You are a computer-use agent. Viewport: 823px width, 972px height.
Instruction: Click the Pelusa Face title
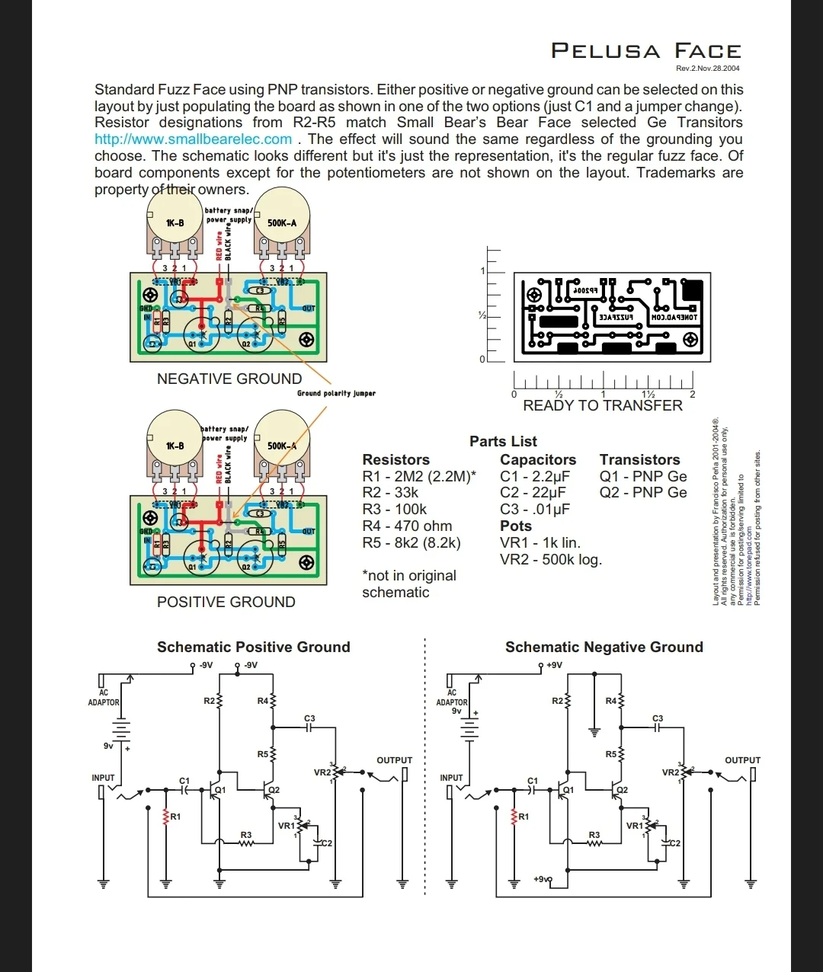coord(645,51)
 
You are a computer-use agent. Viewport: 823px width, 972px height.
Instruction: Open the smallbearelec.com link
coord(193,139)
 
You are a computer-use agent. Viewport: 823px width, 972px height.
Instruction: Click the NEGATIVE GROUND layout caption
coord(229,379)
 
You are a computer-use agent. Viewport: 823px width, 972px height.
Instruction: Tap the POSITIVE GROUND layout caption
coord(226,602)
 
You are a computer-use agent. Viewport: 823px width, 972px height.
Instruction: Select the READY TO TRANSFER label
coord(603,405)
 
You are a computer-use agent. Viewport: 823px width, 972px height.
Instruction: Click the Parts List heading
coord(503,441)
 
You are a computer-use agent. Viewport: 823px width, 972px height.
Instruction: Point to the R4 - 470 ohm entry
coord(407,526)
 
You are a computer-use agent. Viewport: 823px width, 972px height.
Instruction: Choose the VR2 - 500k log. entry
coord(551,559)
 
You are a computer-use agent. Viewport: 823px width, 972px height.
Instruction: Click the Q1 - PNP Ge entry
coord(643,476)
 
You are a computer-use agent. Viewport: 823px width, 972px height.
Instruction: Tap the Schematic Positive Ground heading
coord(254,647)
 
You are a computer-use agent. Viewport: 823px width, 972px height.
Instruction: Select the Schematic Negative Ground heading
coord(604,647)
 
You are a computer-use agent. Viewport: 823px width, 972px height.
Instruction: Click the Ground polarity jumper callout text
coord(336,393)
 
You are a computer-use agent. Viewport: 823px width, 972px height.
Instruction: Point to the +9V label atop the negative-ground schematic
coord(554,665)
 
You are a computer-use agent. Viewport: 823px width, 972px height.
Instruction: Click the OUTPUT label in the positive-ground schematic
coord(394,760)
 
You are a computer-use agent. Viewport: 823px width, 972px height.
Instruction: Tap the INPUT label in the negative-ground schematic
coord(451,778)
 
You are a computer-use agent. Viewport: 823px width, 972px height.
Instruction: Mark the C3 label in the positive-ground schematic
coord(309,718)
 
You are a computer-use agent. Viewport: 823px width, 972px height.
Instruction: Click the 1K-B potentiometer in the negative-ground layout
coord(175,222)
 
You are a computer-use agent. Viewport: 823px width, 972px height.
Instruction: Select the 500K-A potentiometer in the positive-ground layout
coord(282,446)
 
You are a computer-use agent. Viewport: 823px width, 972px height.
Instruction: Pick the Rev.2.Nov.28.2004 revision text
coord(708,69)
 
